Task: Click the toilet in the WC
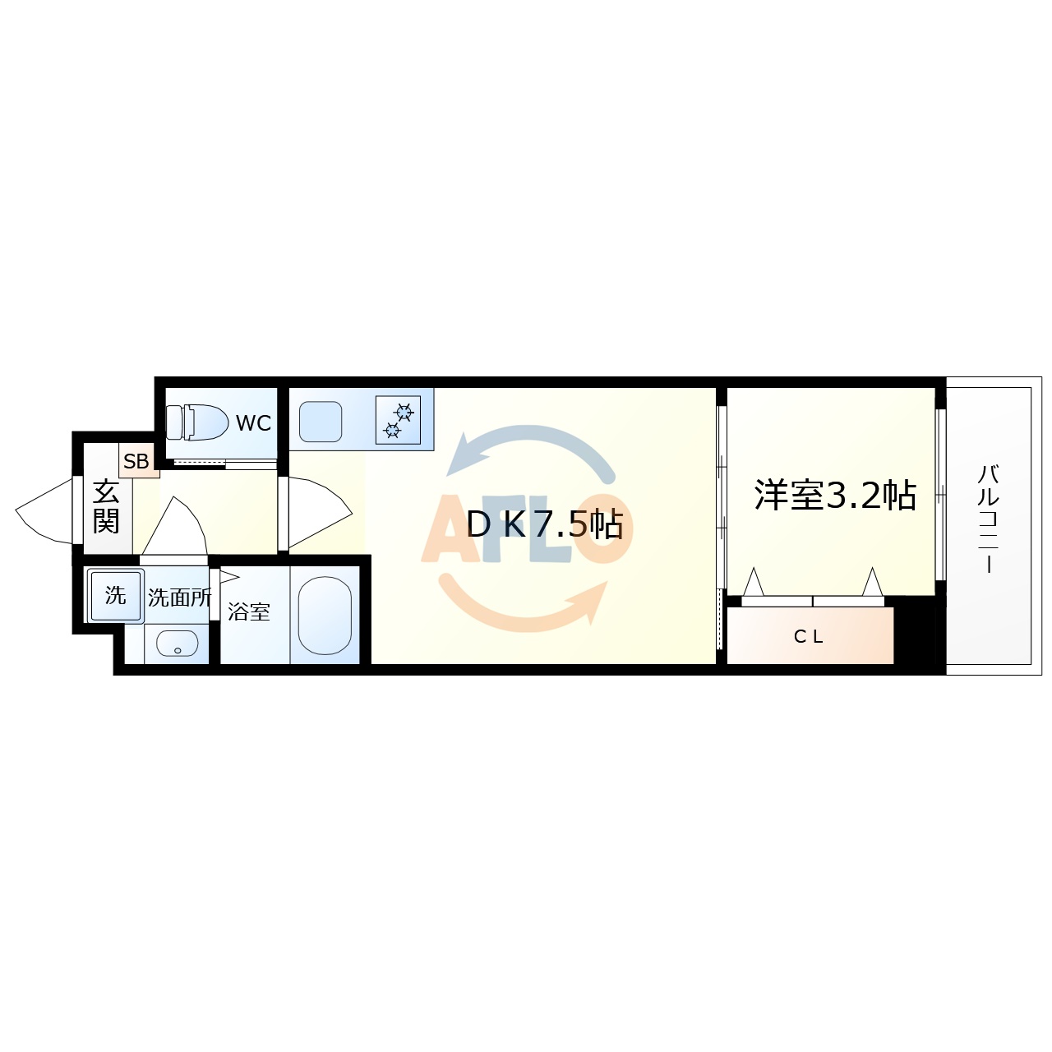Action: [x=197, y=422]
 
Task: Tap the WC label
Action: [x=253, y=423]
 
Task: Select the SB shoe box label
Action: [x=136, y=462]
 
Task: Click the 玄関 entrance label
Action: [x=106, y=506]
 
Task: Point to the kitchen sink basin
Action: [x=321, y=422]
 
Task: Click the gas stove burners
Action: [x=398, y=420]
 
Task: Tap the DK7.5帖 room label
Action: [x=545, y=524]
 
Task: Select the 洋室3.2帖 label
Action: [x=835, y=495]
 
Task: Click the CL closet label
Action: [x=809, y=636]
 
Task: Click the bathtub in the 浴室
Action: [x=325, y=615]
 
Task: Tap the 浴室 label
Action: [x=248, y=611]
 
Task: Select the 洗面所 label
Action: [x=179, y=598]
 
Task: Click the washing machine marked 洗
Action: [x=115, y=595]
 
